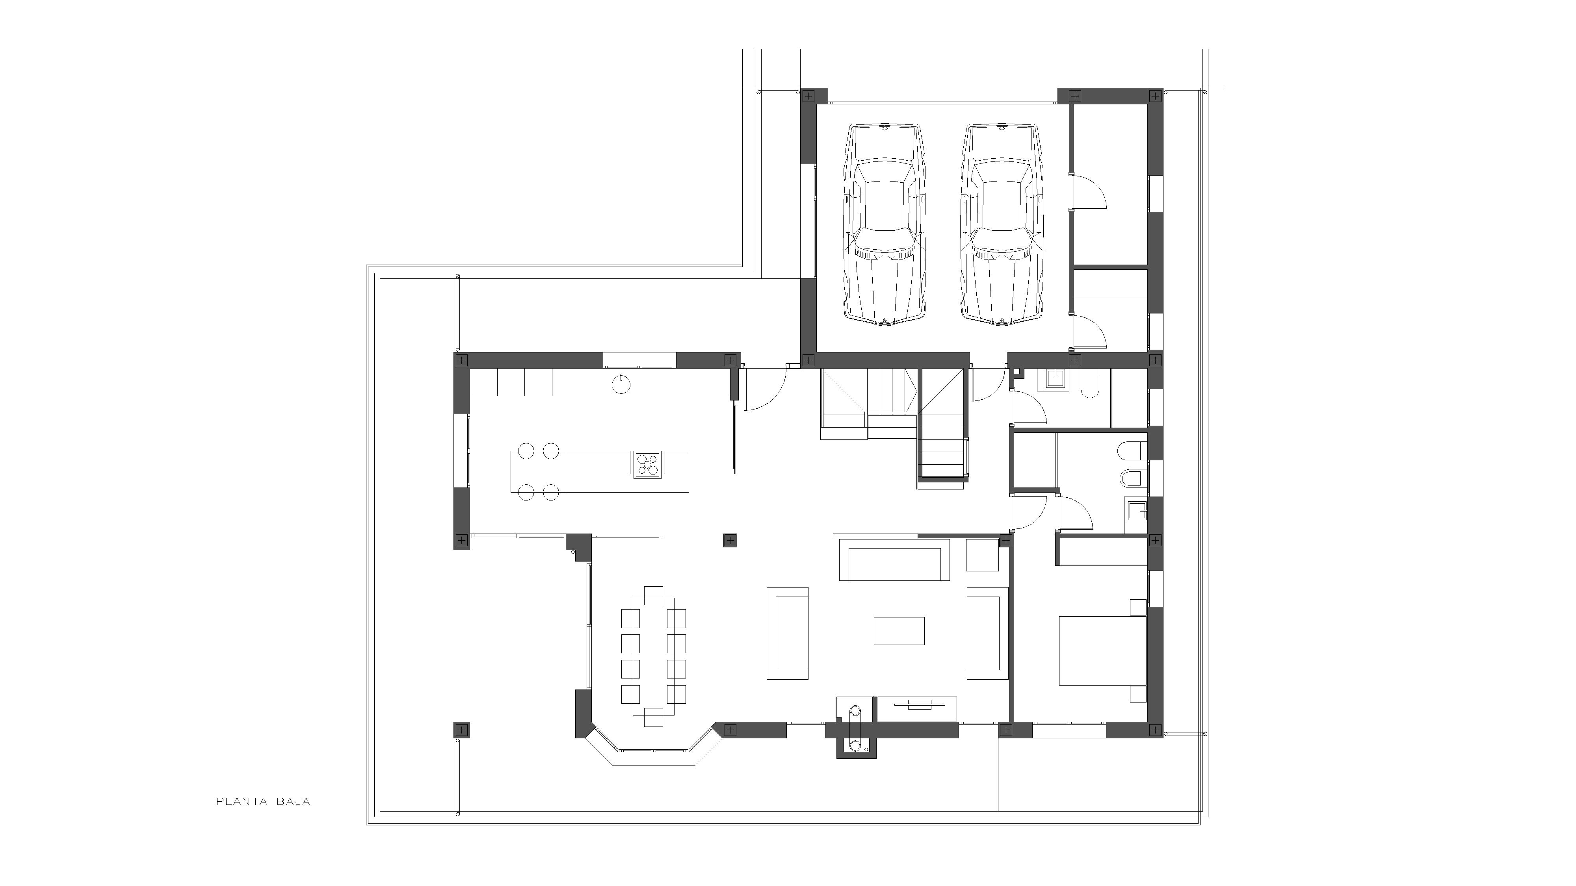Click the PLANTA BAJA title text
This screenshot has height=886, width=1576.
(x=263, y=802)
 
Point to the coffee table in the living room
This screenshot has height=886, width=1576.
(x=899, y=630)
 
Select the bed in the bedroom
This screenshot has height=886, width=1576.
(x=1102, y=650)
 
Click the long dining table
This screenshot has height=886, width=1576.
(x=653, y=656)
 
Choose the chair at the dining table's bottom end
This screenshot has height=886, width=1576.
(x=653, y=717)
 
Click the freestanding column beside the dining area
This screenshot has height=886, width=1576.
(x=730, y=540)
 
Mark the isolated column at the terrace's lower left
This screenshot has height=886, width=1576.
(x=461, y=729)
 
